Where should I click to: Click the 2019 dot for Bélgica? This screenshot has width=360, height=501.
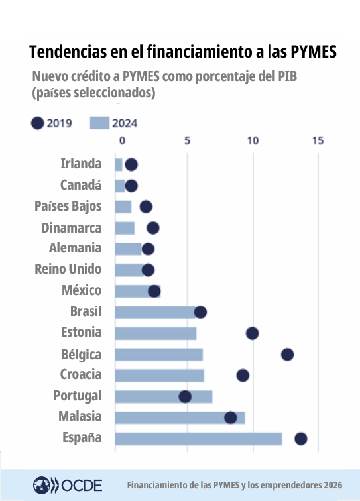click(287, 355)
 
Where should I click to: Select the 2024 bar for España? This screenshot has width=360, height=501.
click(198, 439)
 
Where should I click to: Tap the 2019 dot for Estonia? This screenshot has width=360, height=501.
click(252, 333)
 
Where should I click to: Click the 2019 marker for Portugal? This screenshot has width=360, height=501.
click(185, 396)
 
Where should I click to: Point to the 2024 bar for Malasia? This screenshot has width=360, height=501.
click(180, 417)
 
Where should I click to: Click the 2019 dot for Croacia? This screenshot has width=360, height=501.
click(243, 376)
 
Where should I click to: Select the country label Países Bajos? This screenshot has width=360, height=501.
click(68, 206)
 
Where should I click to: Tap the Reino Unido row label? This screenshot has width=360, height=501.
click(68, 269)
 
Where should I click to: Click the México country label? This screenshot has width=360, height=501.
click(82, 290)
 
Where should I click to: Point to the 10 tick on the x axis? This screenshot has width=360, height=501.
click(253, 140)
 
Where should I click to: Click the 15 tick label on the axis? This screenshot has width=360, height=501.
click(318, 140)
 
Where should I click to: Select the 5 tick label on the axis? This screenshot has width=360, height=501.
click(188, 140)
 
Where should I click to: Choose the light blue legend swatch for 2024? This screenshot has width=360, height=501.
click(99, 123)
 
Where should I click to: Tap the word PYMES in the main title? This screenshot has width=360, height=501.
click(307, 51)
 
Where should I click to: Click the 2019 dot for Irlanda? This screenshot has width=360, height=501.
click(131, 164)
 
